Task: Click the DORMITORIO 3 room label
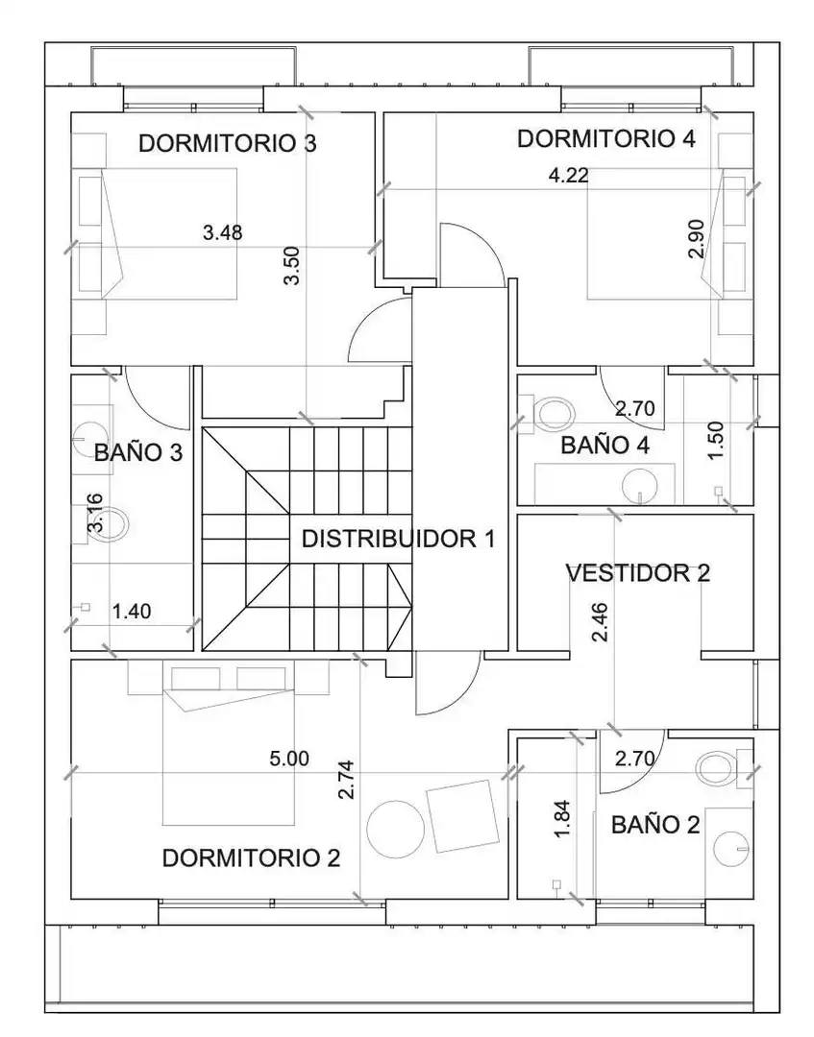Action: coord(227,143)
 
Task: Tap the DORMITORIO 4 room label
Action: coord(606,139)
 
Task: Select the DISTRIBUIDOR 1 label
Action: coord(399,539)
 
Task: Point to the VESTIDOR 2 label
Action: coord(638,572)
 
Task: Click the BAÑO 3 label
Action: coord(138,453)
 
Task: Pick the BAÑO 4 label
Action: coord(604,446)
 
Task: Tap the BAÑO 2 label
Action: coord(655,825)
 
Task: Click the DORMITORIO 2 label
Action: coord(251,858)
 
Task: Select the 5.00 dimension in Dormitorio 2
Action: coord(289,759)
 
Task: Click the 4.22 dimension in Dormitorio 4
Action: coord(569,176)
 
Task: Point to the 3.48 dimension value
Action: coord(222,232)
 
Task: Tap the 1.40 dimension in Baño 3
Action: coord(132,611)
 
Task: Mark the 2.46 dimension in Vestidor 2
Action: coord(601,622)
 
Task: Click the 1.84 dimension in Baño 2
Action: coord(562,819)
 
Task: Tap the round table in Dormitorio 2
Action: coord(396,830)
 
